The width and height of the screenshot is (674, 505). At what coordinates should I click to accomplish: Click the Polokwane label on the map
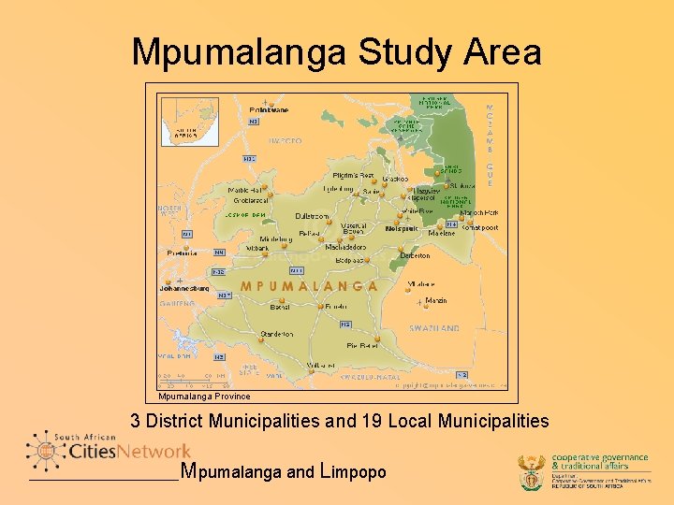tap(270, 110)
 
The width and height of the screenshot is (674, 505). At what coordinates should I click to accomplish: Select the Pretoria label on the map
tap(183, 252)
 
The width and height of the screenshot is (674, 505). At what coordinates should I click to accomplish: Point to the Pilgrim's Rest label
tap(354, 176)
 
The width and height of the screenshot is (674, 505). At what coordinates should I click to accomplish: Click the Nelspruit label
tap(401, 229)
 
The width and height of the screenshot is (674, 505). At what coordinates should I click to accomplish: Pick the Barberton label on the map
tap(415, 255)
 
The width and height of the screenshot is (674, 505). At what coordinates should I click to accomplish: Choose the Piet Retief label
tap(362, 346)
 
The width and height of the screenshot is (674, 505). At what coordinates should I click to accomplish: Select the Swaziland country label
tap(434, 328)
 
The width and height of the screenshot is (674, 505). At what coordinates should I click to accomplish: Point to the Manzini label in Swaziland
tap(436, 300)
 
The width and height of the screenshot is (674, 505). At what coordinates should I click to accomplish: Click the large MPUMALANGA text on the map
tap(309, 286)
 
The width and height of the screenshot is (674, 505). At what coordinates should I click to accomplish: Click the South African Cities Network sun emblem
tap(44, 451)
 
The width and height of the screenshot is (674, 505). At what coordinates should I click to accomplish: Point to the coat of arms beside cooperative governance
tap(531, 472)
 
